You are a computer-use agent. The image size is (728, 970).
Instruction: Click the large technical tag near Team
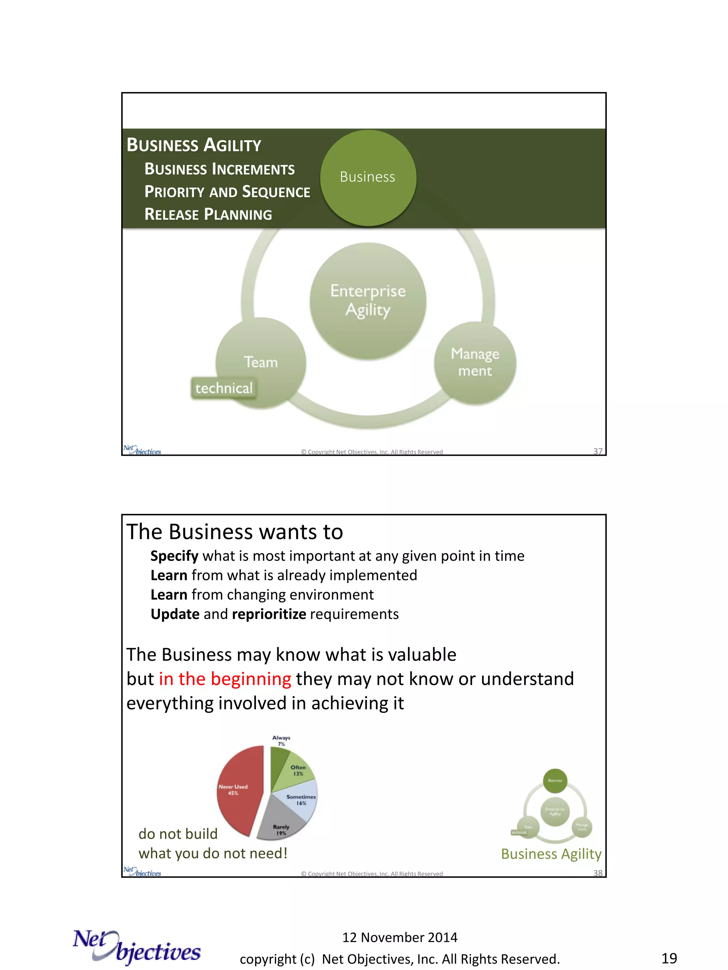[x=224, y=388]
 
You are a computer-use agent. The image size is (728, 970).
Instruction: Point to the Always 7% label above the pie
[x=281, y=741]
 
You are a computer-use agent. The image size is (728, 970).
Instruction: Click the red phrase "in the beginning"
[x=225, y=679]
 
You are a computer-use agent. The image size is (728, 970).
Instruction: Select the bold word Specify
[x=174, y=556]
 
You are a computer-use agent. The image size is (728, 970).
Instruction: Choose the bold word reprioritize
[x=269, y=614]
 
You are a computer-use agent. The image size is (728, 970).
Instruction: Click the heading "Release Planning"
[x=208, y=215]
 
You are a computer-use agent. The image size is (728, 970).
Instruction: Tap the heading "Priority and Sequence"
[x=227, y=192]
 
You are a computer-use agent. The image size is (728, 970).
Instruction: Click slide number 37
[x=598, y=451]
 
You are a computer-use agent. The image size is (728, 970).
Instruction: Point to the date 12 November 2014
[x=400, y=937]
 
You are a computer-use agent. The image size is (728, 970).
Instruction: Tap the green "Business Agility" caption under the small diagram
[x=551, y=854]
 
